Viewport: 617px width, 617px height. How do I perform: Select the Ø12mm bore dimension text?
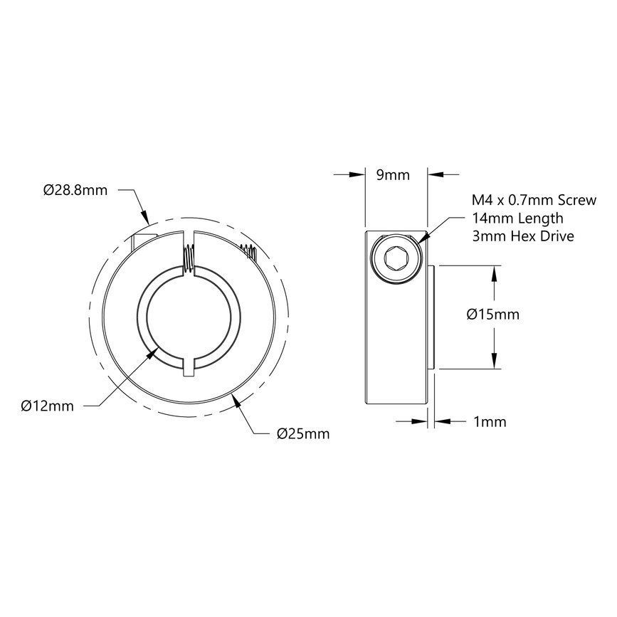pyautogui.click(x=48, y=406)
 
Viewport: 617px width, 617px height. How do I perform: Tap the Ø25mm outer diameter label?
pyautogui.click(x=302, y=433)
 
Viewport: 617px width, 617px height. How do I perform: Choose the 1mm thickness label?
pyautogui.click(x=490, y=422)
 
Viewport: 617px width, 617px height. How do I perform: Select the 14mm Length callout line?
pyautogui.click(x=517, y=218)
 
